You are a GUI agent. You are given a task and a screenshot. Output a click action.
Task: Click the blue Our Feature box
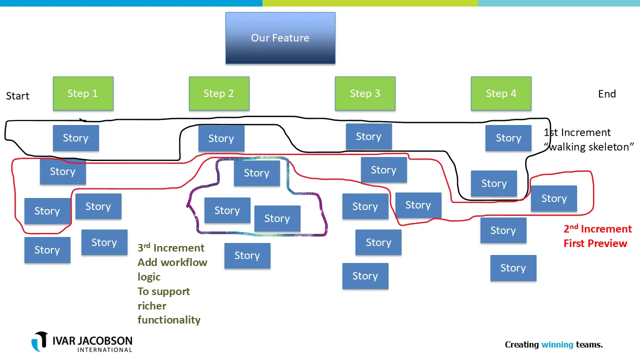[x=280, y=38]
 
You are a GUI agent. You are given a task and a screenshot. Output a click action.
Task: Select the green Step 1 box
[x=83, y=93]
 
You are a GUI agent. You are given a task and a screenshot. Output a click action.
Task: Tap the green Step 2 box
[x=219, y=93]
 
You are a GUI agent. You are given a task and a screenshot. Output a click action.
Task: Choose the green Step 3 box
[x=365, y=93]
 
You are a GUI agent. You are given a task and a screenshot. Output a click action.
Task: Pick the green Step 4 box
[x=501, y=93]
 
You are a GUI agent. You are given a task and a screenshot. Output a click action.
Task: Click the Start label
[x=17, y=96]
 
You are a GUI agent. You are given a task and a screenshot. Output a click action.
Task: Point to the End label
[x=607, y=94]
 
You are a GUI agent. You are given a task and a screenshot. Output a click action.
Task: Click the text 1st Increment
[x=577, y=132]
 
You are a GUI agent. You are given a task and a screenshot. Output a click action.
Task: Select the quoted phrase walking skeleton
[x=589, y=147]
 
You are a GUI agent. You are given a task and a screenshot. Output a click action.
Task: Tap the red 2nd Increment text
[x=597, y=229]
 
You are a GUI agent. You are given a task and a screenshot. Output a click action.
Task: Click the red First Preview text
[x=595, y=243]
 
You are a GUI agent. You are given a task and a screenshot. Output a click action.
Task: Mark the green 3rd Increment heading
[x=171, y=248]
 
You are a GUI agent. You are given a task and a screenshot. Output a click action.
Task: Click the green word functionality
[x=169, y=320]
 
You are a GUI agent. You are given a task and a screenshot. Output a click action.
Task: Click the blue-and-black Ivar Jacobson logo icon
[x=40, y=341]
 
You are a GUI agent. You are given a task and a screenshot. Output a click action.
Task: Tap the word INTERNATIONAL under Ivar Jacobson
[x=104, y=349]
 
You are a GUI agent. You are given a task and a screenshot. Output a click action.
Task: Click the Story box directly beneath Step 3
[x=368, y=136]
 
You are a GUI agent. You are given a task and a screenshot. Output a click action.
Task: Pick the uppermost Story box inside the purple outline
[x=256, y=173]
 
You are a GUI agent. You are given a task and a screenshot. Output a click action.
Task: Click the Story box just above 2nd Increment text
[x=553, y=198]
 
